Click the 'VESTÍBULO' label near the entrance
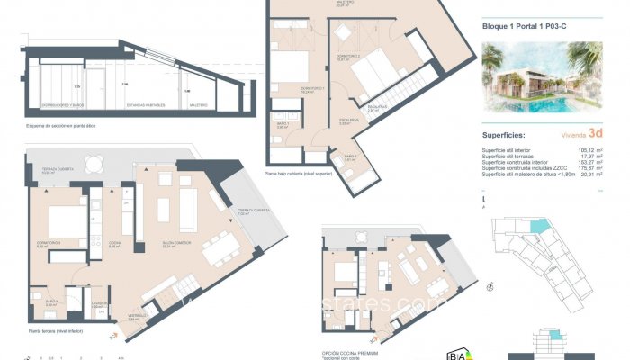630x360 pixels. [137, 318]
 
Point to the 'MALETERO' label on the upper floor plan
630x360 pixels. [319, 3]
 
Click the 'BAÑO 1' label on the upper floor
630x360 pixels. [281, 126]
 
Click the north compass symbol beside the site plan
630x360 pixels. [489, 289]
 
